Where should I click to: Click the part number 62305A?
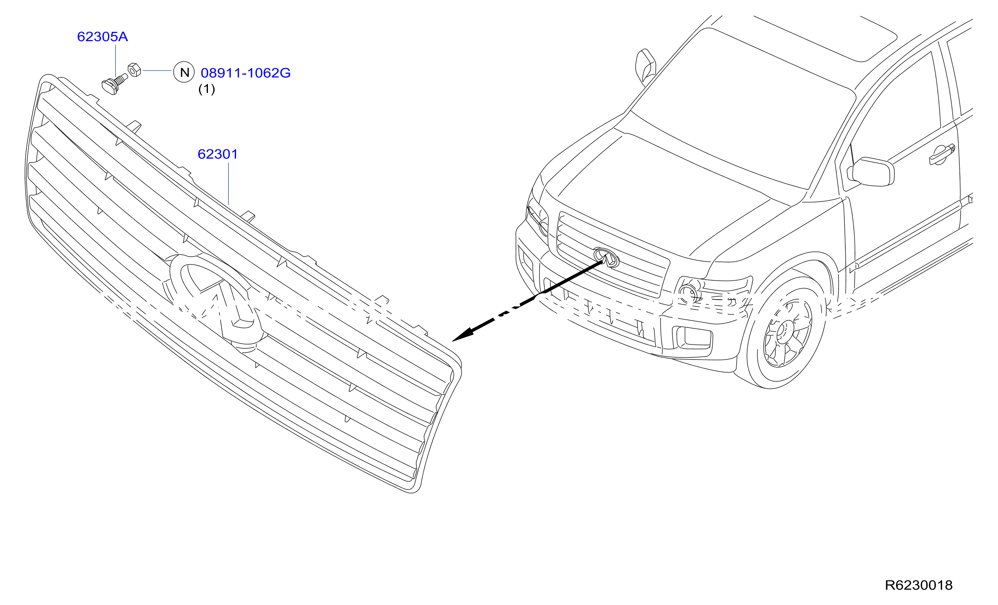click(102, 37)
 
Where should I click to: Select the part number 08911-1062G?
click(245, 73)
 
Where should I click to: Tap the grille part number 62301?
click(218, 154)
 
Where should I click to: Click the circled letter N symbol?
click(184, 73)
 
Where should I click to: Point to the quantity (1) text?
click(207, 89)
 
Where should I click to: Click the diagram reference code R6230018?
click(919, 585)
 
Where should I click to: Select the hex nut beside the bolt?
click(135, 70)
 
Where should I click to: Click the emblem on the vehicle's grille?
click(606, 257)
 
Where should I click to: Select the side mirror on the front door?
click(872, 172)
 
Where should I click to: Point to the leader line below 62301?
click(229, 184)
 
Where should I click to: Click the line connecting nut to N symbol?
click(157, 71)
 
